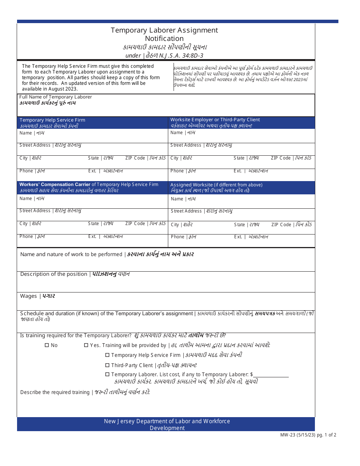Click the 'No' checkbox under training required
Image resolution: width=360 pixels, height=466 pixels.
(x=47, y=345)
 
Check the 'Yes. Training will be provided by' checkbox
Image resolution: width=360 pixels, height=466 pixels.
(x=86, y=345)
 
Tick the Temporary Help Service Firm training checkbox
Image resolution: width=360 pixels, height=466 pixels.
(x=107, y=355)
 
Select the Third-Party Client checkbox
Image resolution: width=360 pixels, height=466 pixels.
(x=107, y=365)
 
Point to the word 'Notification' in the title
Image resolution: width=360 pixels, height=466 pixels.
(x=164, y=39)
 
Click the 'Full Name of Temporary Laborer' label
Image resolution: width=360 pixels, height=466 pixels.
(x=56, y=97)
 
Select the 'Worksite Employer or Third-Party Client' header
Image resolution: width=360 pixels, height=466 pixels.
(x=215, y=120)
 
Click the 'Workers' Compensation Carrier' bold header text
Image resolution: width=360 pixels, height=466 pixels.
(x=55, y=185)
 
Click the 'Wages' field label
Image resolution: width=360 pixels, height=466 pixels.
(x=28, y=296)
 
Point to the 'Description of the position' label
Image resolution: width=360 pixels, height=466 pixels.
(x=54, y=274)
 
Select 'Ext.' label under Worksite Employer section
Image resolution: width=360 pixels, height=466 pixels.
(x=238, y=171)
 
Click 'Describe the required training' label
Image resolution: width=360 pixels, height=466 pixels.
(x=55, y=392)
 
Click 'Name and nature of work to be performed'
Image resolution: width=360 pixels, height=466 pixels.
(x=71, y=255)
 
